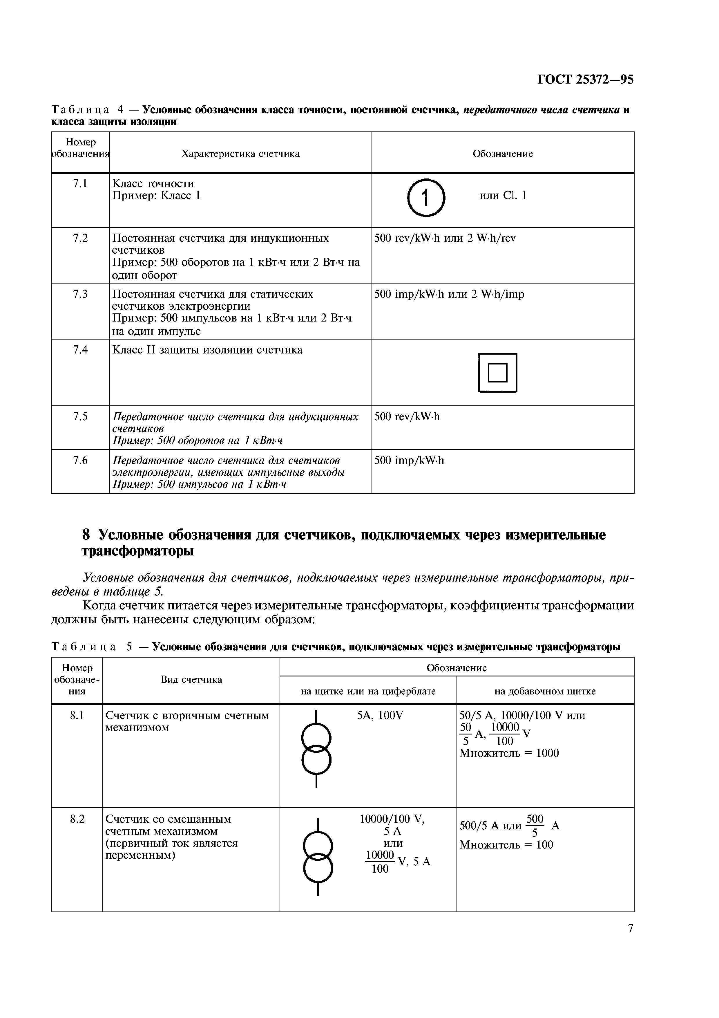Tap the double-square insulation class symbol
497,372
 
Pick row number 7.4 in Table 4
80,350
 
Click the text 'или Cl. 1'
503,196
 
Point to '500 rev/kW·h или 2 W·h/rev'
445,238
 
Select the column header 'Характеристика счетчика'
240,154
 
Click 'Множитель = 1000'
509,753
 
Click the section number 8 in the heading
86,535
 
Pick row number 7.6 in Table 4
80,461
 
